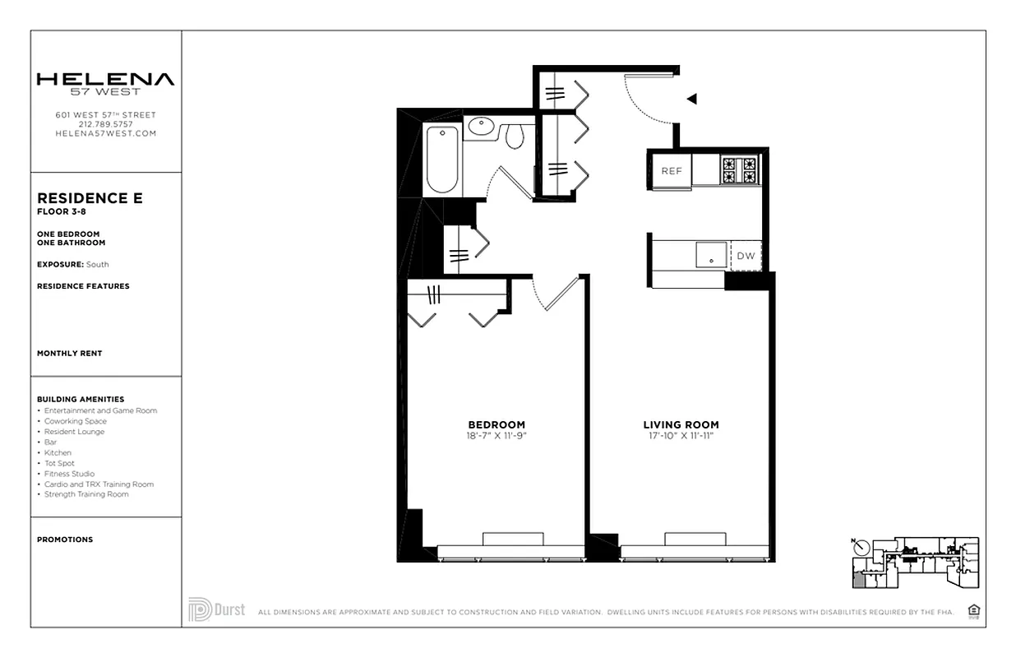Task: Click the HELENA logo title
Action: pyautogui.click(x=105, y=80)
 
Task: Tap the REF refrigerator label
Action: pyautogui.click(x=672, y=171)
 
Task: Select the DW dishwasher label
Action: pyautogui.click(x=746, y=256)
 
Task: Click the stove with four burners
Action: pyautogui.click(x=738, y=170)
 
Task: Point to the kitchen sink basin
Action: pyautogui.click(x=711, y=255)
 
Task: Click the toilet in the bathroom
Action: pyautogui.click(x=515, y=135)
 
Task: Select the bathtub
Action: pyautogui.click(x=442, y=160)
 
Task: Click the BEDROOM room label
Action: pyautogui.click(x=496, y=425)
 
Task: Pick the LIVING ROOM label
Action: pyautogui.click(x=681, y=425)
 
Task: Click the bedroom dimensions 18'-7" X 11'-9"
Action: pyautogui.click(x=496, y=435)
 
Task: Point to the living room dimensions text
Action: pyautogui.click(x=681, y=435)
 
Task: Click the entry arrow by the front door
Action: pyautogui.click(x=692, y=100)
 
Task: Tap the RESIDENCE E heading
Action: pyautogui.click(x=90, y=198)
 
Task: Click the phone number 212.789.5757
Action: pyautogui.click(x=105, y=124)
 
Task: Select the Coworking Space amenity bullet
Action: pyautogui.click(x=75, y=421)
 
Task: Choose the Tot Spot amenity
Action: pyautogui.click(x=60, y=463)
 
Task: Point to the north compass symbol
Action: pyautogui.click(x=860, y=547)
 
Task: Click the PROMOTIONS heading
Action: pyautogui.click(x=65, y=540)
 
